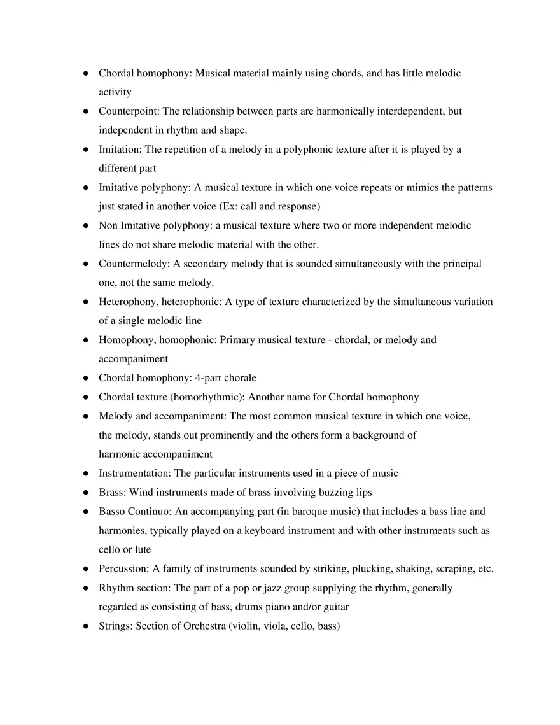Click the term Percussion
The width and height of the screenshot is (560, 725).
pyautogui.click(x=123, y=569)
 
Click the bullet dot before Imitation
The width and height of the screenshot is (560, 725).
pyautogui.click(x=85, y=150)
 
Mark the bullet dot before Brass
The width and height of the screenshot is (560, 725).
pyautogui.click(x=85, y=493)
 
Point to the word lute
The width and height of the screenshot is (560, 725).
pyautogui.click(x=143, y=550)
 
